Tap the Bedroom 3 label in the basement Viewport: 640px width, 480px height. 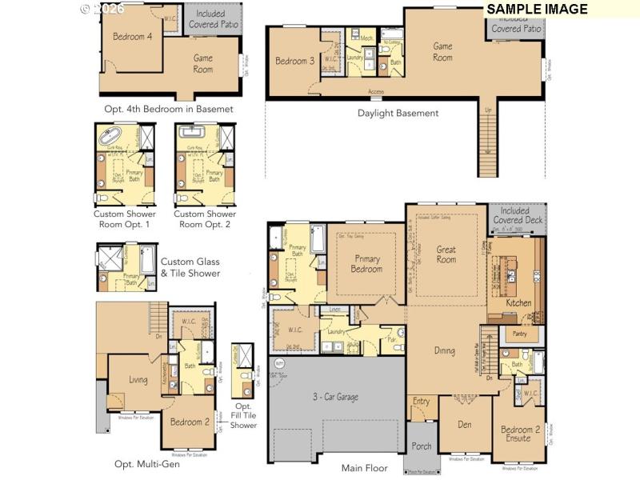pos(294,62)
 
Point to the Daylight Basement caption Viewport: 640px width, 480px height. pos(398,113)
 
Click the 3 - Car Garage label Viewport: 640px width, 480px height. pos(335,396)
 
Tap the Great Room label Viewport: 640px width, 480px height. pos(446,254)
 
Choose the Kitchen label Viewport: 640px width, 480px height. pos(518,303)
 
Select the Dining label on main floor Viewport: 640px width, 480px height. pos(445,350)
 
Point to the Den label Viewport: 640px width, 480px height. pos(465,424)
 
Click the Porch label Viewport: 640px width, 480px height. pos(422,446)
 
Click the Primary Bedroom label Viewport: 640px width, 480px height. pos(367,264)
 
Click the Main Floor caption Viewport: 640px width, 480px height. pos(364,468)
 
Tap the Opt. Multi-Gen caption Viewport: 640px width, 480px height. pos(147,464)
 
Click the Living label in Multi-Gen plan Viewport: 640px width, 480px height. pos(138,379)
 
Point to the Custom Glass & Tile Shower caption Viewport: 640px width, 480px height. pos(190,267)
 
